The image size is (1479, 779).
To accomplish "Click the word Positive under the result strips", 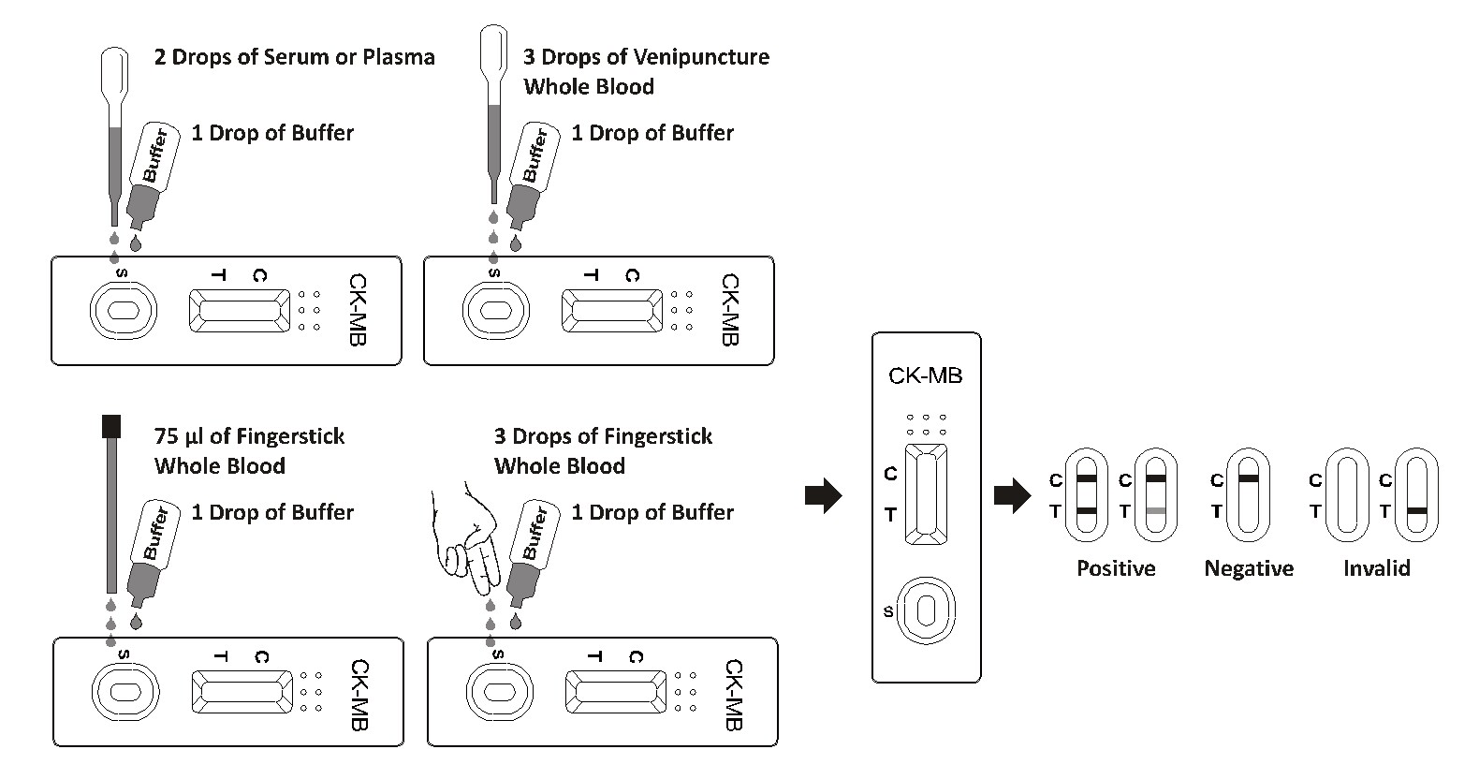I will point(1116,568).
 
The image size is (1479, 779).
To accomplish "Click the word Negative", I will point(1249,568).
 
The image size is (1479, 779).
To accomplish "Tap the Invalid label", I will point(1376,568).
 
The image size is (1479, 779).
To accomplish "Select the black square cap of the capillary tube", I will point(111,427).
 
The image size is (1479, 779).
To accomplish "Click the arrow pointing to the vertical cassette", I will point(823,496).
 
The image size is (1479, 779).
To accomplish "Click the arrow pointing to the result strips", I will point(1011,496).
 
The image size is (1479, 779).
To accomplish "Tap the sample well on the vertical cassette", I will point(926,610).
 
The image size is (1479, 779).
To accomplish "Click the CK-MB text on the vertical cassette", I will point(925,376).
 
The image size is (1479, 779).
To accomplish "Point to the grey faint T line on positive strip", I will point(1156,510).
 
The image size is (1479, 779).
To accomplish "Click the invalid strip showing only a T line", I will point(1416,494).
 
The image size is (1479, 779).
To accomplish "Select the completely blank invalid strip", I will point(1347,494).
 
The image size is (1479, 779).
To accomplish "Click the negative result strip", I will point(1248,494).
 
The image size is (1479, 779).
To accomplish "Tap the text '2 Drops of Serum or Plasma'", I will point(294,57).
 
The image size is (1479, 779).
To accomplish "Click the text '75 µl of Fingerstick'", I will point(249,436).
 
